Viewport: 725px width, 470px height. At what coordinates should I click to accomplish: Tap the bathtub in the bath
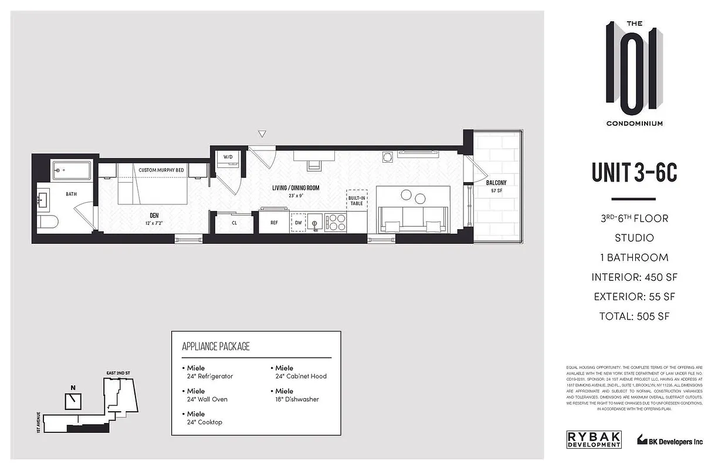click(x=72, y=171)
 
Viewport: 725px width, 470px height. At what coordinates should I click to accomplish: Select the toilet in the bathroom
click(x=47, y=222)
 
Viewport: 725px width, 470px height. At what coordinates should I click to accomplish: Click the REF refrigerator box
click(x=274, y=223)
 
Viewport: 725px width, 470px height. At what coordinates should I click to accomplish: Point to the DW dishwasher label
click(x=299, y=223)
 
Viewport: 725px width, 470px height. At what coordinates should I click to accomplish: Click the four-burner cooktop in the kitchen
click(x=336, y=222)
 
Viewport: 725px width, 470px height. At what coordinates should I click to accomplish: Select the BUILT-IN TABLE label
click(x=356, y=200)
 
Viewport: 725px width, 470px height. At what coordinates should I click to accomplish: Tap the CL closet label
click(x=234, y=223)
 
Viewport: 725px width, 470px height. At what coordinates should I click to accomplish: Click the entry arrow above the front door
click(x=262, y=134)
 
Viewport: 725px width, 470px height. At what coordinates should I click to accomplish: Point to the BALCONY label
click(x=496, y=183)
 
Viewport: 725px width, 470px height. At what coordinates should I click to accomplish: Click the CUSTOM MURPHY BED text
click(x=161, y=170)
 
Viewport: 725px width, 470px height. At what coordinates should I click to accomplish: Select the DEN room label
click(x=154, y=215)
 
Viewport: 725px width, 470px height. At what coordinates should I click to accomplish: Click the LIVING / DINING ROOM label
click(x=296, y=188)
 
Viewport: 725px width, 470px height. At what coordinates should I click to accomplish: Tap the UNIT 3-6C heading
click(x=633, y=172)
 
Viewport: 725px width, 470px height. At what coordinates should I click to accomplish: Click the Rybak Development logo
click(x=594, y=439)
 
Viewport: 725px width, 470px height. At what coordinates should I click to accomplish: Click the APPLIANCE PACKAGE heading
click(x=216, y=346)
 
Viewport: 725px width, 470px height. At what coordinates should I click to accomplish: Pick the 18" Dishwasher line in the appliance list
click(x=297, y=399)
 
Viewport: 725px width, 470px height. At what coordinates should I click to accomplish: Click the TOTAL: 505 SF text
click(x=634, y=316)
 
